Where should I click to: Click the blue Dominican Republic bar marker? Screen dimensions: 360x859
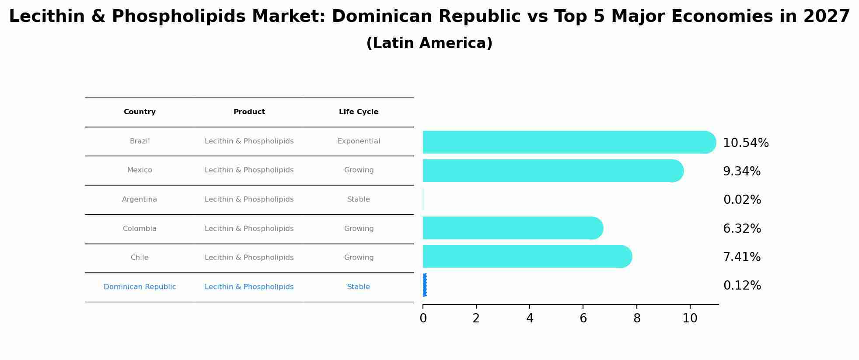point(425,285)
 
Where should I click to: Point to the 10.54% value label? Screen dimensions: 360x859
point(745,143)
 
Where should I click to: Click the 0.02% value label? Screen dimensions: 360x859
point(742,200)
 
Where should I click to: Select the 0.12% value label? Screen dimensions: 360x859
point(742,286)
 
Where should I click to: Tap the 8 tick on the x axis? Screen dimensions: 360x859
point(637,318)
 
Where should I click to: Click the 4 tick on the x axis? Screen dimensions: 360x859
point(530,318)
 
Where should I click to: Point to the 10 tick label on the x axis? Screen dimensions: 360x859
point(690,318)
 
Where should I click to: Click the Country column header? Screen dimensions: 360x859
point(140,112)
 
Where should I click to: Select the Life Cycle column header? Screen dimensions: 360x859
point(358,112)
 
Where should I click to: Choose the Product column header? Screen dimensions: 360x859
point(249,112)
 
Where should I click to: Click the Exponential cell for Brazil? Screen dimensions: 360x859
point(358,141)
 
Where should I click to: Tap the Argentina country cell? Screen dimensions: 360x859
point(140,199)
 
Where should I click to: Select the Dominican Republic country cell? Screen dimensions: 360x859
point(140,287)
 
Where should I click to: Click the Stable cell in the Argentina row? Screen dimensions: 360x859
point(358,199)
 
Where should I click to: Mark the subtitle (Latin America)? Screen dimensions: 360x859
point(429,43)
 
